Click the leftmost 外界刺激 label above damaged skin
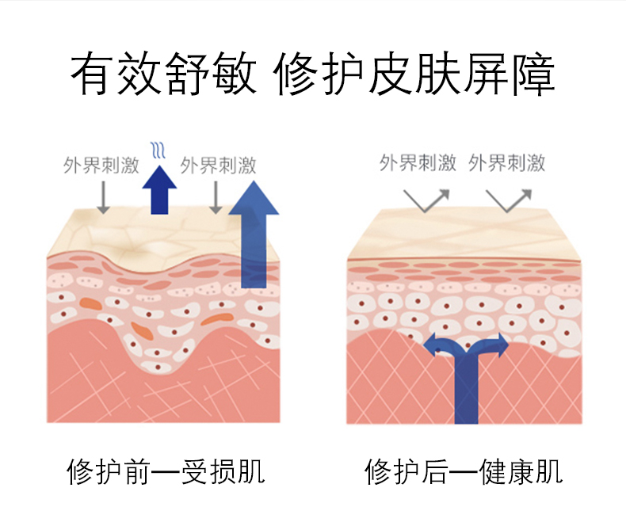[101, 166]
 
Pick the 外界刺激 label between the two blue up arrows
[218, 166]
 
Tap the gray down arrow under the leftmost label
[101, 197]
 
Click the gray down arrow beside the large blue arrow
[215, 197]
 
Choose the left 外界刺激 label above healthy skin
[418, 164]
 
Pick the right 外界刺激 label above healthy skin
[507, 164]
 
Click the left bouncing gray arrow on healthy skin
[426, 200]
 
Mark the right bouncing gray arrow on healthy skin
[512, 200]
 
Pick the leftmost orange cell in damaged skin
[90, 303]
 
